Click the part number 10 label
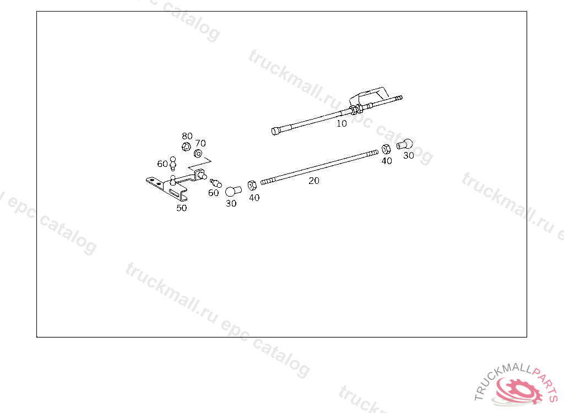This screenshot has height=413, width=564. click(x=341, y=124)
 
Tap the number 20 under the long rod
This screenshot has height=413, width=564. click(x=314, y=181)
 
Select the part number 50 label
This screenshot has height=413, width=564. click(x=181, y=208)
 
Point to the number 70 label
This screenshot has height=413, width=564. click(x=200, y=143)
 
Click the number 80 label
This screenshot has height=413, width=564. click(x=187, y=136)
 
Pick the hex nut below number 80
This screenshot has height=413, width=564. click(x=186, y=147)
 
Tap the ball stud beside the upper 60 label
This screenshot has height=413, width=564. click(x=173, y=163)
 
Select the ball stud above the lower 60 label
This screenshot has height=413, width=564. click(x=214, y=182)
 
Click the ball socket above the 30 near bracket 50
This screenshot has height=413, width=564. click(x=233, y=191)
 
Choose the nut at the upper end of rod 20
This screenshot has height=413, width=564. click(x=386, y=148)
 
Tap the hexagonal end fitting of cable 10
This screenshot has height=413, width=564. click(x=276, y=131)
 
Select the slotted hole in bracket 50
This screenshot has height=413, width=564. click(x=177, y=193)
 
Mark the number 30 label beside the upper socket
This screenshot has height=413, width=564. click(x=408, y=156)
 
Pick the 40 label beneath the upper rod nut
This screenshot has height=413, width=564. click(x=387, y=161)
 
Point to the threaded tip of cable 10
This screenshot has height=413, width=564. click(x=398, y=99)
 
